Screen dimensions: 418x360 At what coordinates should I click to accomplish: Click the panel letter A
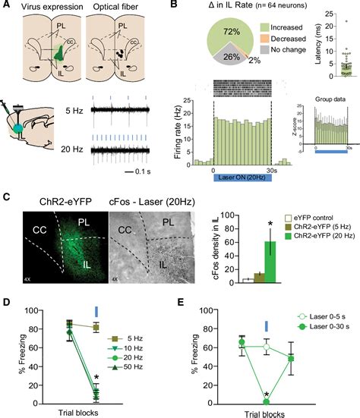click(x=5, y=7)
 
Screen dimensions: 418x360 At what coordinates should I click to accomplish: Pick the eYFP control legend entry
click(x=314, y=218)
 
